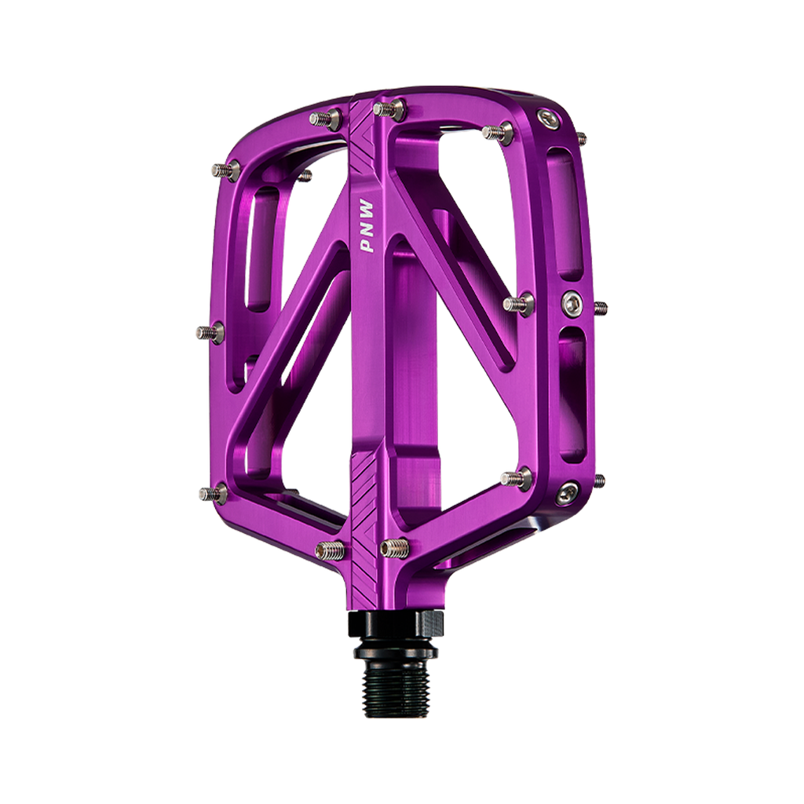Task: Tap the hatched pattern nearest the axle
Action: point(366,495)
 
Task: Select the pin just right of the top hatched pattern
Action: point(389,109)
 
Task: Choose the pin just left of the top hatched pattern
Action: point(324,119)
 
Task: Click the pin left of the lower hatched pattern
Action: point(330,550)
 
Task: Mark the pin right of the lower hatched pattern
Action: point(395,547)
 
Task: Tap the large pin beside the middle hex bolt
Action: point(519,304)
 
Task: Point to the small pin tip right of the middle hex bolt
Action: point(601,307)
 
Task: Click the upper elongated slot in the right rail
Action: point(565,212)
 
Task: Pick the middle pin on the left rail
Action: point(210,333)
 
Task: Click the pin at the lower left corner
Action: point(213,494)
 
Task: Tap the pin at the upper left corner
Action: point(226,170)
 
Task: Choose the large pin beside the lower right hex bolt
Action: point(517,478)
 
